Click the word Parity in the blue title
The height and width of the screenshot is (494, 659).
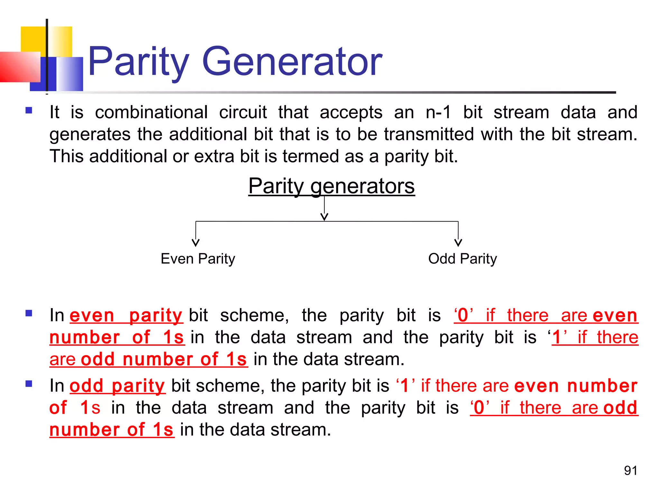pos(138,62)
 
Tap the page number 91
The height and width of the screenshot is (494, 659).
pos(630,471)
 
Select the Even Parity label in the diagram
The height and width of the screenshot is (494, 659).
pos(198,259)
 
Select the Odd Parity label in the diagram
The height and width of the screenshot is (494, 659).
pos(462,259)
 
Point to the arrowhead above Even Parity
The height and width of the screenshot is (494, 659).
pos(196,243)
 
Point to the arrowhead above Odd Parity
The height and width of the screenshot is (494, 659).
pos(458,243)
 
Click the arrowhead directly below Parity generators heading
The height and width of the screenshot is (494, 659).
pos(324,217)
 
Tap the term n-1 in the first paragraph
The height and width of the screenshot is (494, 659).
pos(439,112)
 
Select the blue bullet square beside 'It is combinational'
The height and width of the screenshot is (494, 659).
pos(29,111)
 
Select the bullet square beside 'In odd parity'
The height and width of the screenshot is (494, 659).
pos(29,384)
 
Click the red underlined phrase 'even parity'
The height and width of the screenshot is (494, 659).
pos(126,315)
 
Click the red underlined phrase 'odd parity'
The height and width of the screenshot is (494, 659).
pos(117,386)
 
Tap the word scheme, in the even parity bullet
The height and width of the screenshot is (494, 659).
pos(254,315)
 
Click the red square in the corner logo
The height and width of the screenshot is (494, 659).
pos(19,67)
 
